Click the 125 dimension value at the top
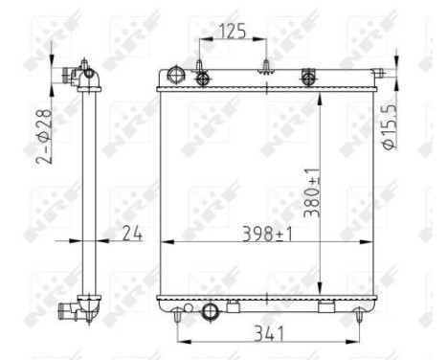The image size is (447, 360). tap(230, 32)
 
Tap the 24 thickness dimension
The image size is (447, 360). tap(132, 231)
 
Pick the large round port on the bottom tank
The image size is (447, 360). tap(212, 309)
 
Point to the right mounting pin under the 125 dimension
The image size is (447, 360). tap(263, 67)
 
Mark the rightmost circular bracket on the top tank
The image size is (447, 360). tap(308, 77)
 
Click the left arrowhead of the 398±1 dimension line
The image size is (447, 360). tap(163, 240)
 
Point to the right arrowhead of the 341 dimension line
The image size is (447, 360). tap(355, 342)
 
